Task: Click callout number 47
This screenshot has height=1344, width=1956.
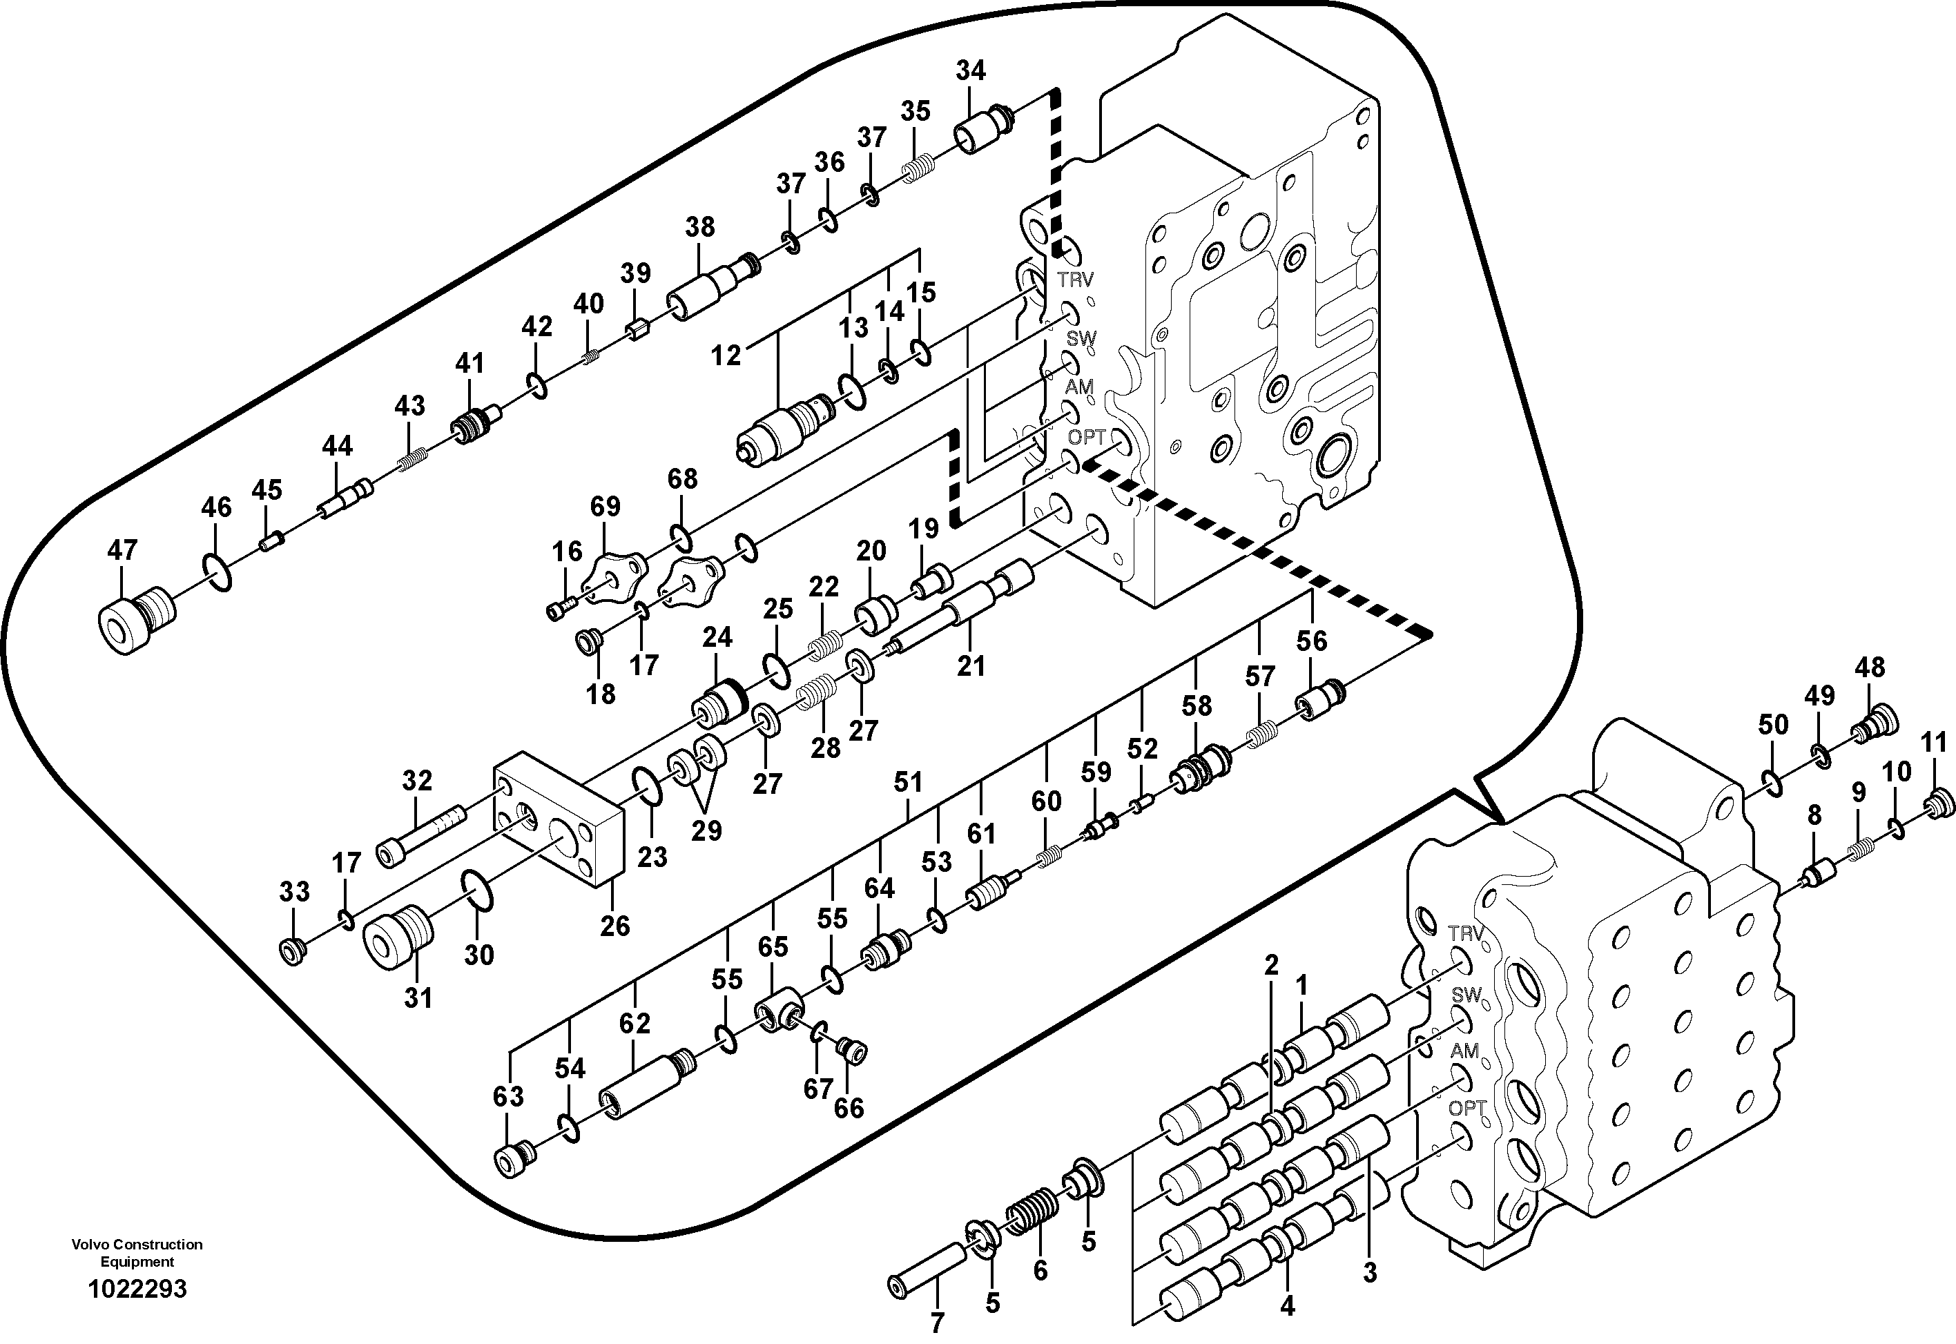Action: coord(122,551)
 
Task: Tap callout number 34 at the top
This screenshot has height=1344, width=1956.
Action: coord(970,70)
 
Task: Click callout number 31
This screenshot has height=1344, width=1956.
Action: coord(418,998)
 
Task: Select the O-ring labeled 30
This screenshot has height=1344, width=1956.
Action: coord(479,892)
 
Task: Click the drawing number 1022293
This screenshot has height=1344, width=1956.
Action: coord(137,1289)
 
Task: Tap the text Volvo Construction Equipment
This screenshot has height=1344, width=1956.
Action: coord(137,1252)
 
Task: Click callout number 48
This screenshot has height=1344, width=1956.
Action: coord(1869,668)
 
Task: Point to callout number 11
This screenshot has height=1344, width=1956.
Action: coord(1934,743)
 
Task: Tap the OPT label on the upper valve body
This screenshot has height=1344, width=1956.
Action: coord(1086,437)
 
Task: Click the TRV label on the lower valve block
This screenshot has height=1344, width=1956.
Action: coord(1465,933)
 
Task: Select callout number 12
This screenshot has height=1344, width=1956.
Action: coord(726,356)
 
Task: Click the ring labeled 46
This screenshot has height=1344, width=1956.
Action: coord(217,570)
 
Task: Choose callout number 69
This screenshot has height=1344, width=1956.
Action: coord(605,506)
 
